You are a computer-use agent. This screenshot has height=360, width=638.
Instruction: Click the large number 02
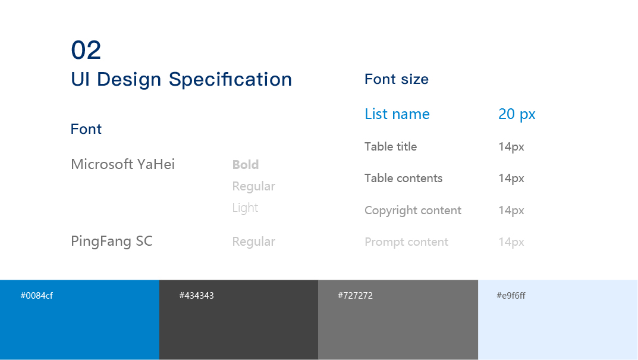tap(86, 50)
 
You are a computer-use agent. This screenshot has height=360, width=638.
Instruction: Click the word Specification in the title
tap(230, 79)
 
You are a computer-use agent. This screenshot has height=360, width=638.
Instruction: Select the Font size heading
tap(397, 79)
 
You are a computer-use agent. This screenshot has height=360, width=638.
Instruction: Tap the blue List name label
tap(397, 114)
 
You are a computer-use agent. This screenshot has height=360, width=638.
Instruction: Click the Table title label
tap(391, 146)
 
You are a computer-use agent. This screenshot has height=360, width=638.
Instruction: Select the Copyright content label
tap(413, 211)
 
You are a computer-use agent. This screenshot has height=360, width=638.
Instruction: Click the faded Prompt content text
tap(406, 242)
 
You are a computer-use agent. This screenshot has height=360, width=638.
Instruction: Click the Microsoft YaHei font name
tap(122, 164)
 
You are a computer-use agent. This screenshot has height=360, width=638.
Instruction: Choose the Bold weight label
tap(246, 164)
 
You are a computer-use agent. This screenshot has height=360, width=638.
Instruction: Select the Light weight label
tap(245, 208)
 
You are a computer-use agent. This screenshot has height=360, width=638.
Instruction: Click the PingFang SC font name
tap(112, 241)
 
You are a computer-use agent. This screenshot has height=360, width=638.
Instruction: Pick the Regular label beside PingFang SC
tap(253, 242)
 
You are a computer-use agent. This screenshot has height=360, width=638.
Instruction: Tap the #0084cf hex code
tap(37, 296)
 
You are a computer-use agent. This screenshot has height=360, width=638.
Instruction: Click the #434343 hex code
tap(196, 296)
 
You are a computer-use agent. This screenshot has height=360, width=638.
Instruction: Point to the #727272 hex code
tap(355, 296)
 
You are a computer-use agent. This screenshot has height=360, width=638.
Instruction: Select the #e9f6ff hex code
tap(511, 296)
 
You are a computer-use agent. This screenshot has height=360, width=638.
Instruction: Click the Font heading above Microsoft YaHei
tap(86, 129)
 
